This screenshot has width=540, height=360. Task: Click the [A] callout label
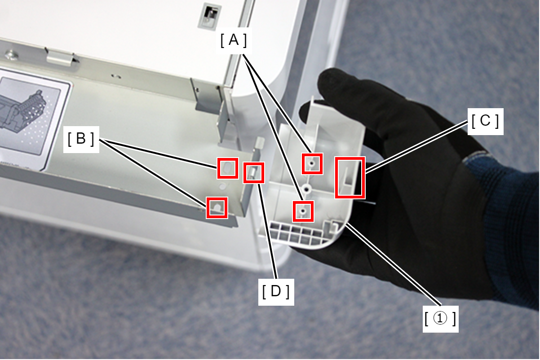tap(234, 40)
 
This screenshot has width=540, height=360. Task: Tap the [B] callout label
tap(81, 140)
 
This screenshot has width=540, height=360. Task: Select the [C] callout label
tap(485, 121)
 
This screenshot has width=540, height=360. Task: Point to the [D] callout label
tap(276, 292)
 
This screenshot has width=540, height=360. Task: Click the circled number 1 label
tap(440, 319)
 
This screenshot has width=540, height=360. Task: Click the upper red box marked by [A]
tap(312, 164)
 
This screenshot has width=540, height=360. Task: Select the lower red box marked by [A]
tap(303, 211)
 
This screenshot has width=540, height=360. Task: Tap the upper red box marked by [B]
tap(228, 168)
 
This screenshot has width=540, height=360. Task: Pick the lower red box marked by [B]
tap(217, 208)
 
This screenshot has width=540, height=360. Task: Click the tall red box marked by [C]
tap(350, 178)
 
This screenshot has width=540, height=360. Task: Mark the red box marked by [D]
tap(254, 173)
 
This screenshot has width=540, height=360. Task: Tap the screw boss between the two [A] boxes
tap(307, 189)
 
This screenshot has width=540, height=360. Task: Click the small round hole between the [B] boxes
tap(223, 186)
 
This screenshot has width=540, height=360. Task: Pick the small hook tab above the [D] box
tap(260, 143)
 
